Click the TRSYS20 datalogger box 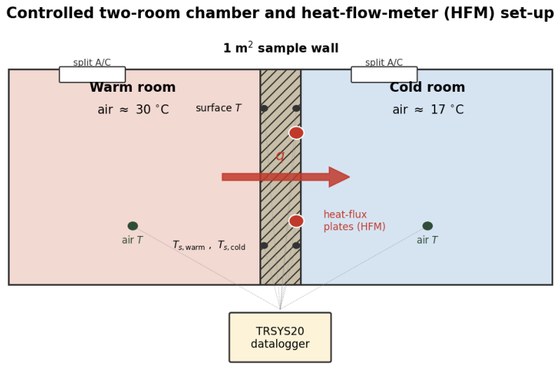280,337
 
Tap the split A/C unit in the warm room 92,74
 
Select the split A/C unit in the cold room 384,74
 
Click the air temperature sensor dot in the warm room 133,225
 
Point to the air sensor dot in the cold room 428,225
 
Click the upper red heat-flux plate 296,133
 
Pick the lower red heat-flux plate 296,221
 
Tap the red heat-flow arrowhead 339,176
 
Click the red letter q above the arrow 280,156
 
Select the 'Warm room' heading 132,87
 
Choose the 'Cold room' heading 427,87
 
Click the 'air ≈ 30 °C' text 133,109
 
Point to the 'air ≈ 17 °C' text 428,109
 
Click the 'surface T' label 218,108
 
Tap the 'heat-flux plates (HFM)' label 354,221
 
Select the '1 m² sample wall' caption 281,48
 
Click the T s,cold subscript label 231,246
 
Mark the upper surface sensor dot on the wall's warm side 264,108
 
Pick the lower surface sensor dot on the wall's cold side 296,246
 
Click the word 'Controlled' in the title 50,13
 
